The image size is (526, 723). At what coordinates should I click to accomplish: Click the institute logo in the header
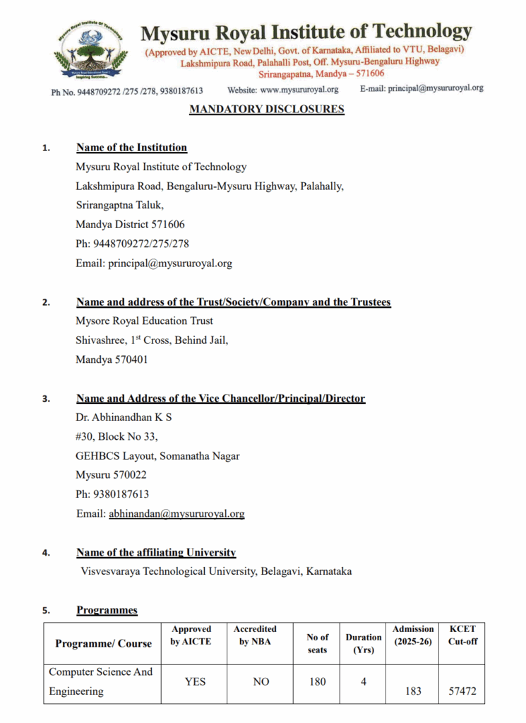tap(89, 50)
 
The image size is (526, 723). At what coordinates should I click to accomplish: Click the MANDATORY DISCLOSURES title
tap(267, 109)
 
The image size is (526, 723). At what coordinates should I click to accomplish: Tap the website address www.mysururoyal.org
tap(299, 90)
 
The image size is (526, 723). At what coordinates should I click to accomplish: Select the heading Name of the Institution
tap(131, 148)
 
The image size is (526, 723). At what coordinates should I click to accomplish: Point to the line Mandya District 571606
tap(130, 225)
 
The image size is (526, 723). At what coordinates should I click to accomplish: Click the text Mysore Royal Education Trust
tap(144, 321)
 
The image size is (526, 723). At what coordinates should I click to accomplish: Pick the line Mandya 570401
tap(112, 359)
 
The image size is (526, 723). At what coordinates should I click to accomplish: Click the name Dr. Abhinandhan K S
tap(124, 417)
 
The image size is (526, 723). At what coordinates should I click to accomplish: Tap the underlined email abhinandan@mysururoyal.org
tap(177, 514)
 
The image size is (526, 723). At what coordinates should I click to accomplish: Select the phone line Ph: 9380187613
tap(112, 494)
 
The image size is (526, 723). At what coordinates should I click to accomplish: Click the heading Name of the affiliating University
tap(156, 552)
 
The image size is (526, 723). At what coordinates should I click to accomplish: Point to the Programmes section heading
tap(107, 610)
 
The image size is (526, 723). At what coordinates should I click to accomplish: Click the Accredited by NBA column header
tap(255, 635)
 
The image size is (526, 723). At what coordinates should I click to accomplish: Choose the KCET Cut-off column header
tap(462, 635)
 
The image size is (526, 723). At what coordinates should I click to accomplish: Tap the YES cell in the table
tap(195, 682)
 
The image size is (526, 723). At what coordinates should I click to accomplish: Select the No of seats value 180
tap(317, 682)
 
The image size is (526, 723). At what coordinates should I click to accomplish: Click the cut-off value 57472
tap(462, 691)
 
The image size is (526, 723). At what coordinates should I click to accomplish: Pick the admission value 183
tap(413, 691)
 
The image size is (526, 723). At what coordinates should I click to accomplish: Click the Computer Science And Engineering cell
tap(100, 681)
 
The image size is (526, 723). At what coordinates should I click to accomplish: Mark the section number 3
tap(46, 399)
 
